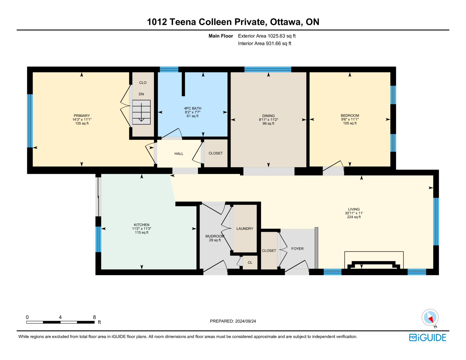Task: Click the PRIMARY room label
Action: tap(82, 116)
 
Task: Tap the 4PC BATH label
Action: tap(193, 108)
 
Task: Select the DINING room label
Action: tap(268, 116)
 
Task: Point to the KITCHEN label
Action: tap(142, 225)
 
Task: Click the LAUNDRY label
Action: tap(245, 229)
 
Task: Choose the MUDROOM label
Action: tap(215, 236)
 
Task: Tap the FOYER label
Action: tap(297, 248)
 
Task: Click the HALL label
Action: tap(179, 153)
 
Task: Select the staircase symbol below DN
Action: tap(141, 112)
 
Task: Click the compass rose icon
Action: tap(430, 317)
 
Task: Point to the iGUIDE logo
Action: tap(427, 338)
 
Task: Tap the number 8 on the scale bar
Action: tap(94, 317)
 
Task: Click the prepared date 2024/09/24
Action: tap(245, 321)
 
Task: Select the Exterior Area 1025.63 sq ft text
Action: tap(267, 36)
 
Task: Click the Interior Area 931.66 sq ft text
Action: tap(265, 43)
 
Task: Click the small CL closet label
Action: tap(250, 262)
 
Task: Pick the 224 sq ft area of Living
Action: tap(354, 217)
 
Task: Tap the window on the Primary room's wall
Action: tap(30, 121)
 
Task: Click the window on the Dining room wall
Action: tap(268, 69)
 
